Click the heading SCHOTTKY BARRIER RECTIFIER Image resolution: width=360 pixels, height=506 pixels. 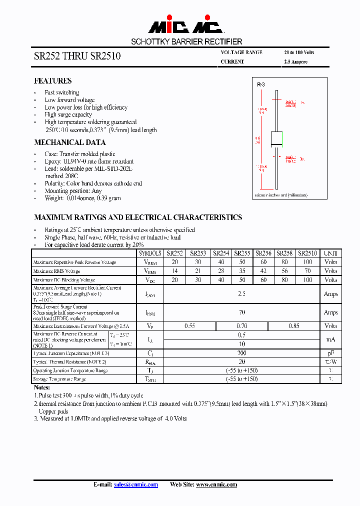coord(186,42)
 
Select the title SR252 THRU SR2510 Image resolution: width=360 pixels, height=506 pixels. coord(77,56)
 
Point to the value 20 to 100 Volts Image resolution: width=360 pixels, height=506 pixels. coord(299,52)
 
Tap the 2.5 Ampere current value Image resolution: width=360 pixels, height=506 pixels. coord(295,62)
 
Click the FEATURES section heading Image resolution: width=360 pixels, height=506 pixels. coord(52,81)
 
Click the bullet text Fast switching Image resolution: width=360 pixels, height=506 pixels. coord(61,92)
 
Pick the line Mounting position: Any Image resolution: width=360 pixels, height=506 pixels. coord(73,191)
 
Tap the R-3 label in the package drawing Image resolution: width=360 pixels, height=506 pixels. coord(261,85)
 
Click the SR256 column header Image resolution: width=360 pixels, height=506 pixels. coord(263,253)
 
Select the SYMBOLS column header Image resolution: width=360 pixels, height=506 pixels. coord(150,253)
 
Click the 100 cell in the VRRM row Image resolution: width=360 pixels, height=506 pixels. coord(307,262)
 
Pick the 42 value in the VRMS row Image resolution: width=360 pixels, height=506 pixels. coord(263,271)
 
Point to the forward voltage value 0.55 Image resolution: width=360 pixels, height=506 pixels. coord(189,326)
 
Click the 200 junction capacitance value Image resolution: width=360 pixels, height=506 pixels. coord(241,353)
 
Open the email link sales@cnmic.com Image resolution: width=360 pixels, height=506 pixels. coord(135,484)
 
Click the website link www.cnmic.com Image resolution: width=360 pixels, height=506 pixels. coord(216,484)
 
